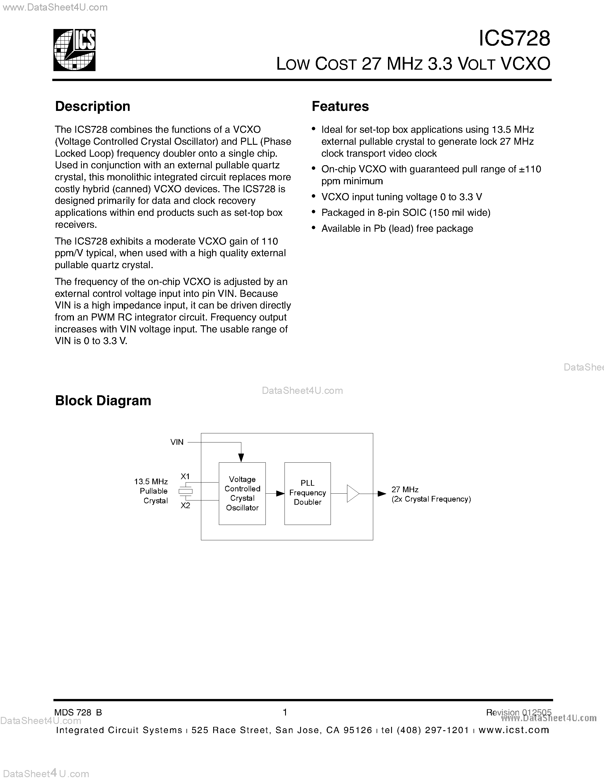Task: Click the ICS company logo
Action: (x=74, y=50)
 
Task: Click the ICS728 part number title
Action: (x=514, y=38)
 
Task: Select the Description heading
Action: (x=92, y=106)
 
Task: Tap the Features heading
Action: (x=340, y=106)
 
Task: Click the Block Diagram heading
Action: (x=103, y=400)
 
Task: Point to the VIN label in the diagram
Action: (x=177, y=442)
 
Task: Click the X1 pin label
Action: (x=185, y=476)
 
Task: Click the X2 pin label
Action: (x=185, y=505)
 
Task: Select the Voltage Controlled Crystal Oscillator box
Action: (x=242, y=493)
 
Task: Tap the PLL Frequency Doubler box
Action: (x=307, y=493)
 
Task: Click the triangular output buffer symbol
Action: (x=352, y=494)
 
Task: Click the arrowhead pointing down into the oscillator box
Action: (x=241, y=458)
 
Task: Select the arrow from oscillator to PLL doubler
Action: (x=275, y=493)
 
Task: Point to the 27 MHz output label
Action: (x=405, y=489)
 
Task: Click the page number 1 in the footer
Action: (x=285, y=712)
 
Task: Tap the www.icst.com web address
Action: (x=514, y=730)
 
